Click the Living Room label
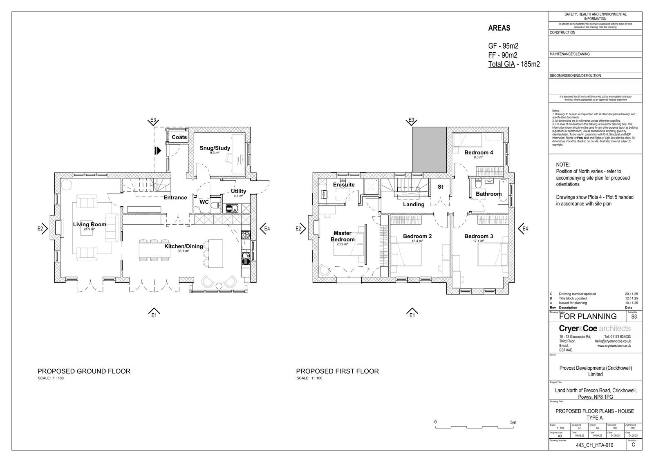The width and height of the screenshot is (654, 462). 90,224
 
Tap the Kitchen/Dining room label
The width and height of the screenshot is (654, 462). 184,246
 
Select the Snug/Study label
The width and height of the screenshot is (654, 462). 215,148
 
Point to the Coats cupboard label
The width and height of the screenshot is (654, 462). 179,137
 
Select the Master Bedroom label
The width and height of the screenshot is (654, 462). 343,236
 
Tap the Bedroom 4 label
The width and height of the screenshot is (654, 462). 479,152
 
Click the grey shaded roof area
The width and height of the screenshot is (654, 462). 428,150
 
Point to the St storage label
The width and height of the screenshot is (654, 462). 440,187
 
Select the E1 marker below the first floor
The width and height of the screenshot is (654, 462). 412,313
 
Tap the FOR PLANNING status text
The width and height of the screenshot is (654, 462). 587,316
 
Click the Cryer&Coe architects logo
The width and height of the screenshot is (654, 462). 594,328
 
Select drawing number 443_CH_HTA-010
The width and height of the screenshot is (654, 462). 594,445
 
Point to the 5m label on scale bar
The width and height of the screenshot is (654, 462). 513,422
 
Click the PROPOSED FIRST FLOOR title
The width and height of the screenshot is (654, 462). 337,371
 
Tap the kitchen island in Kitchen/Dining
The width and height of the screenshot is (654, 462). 216,253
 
